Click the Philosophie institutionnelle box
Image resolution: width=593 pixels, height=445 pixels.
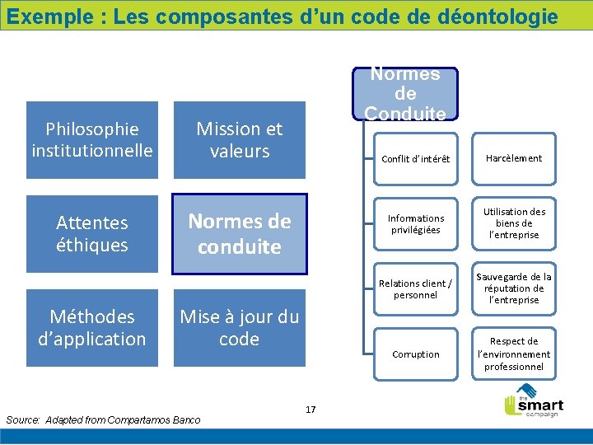coord(91,139)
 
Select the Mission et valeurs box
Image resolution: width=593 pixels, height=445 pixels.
coord(239,139)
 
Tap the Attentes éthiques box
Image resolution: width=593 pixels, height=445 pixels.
coord(91,233)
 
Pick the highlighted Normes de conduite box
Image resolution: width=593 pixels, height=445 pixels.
coord(239,233)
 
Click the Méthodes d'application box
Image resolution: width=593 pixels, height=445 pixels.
coord(91,327)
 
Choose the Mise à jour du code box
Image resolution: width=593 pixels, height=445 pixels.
coord(239,327)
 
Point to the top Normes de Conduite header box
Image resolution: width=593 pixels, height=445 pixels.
coord(405,93)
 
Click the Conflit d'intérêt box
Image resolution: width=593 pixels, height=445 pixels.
coord(415,158)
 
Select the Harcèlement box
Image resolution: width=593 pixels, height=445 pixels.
coord(513,158)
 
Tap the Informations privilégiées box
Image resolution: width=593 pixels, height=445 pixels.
coord(415,223)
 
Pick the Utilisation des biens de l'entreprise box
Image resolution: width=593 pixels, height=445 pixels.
coord(513,223)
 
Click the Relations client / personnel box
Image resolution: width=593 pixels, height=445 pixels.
coord(415,288)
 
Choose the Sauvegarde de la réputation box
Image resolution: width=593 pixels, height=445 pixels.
coord(513,288)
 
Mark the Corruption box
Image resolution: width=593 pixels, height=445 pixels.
coord(415,354)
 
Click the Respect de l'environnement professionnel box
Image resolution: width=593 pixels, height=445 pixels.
coord(513,354)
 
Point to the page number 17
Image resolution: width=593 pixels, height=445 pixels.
coord(311,409)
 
